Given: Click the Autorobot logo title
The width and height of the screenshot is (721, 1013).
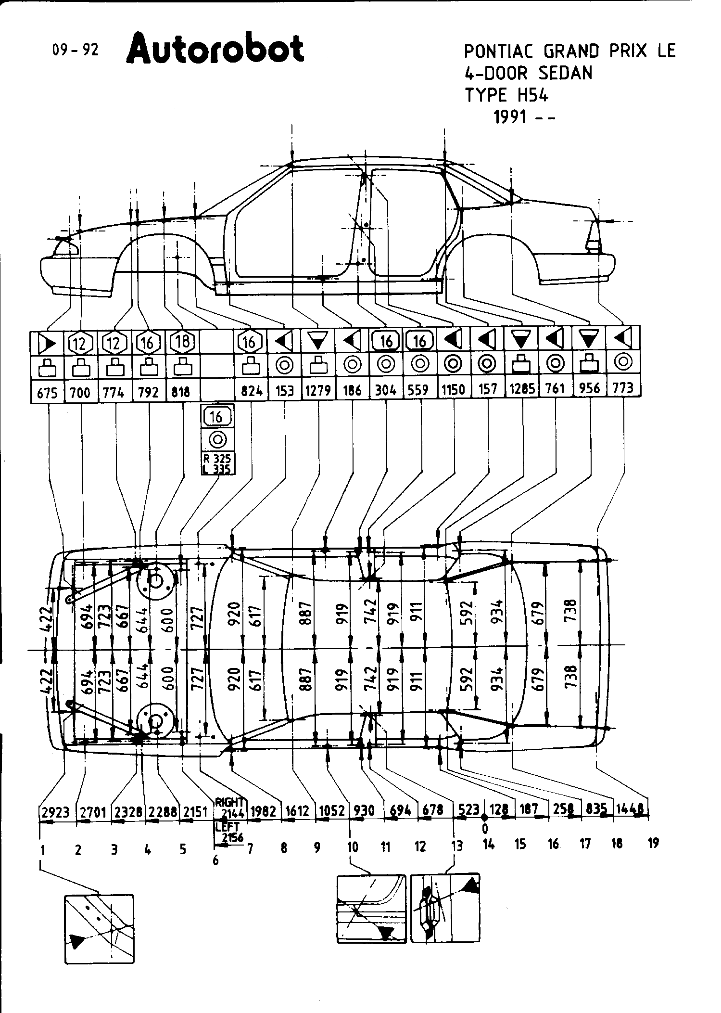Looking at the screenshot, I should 215,49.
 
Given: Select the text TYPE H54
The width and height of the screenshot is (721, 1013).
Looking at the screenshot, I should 506,95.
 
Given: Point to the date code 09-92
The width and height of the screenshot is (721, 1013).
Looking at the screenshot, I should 75,50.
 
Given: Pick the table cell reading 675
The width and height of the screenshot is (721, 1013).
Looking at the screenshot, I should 47,393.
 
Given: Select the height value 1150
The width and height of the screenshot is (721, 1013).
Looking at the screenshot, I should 453,389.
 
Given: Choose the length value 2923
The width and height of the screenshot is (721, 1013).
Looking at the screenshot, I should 55,812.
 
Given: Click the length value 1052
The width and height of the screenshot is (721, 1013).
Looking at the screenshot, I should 331,811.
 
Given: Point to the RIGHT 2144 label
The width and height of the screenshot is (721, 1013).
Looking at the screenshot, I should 230,808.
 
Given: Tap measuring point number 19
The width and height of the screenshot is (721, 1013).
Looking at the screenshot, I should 653,843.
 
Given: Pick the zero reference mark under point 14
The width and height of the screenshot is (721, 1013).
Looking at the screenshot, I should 485,828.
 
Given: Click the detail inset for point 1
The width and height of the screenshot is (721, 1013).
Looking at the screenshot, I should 99,928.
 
